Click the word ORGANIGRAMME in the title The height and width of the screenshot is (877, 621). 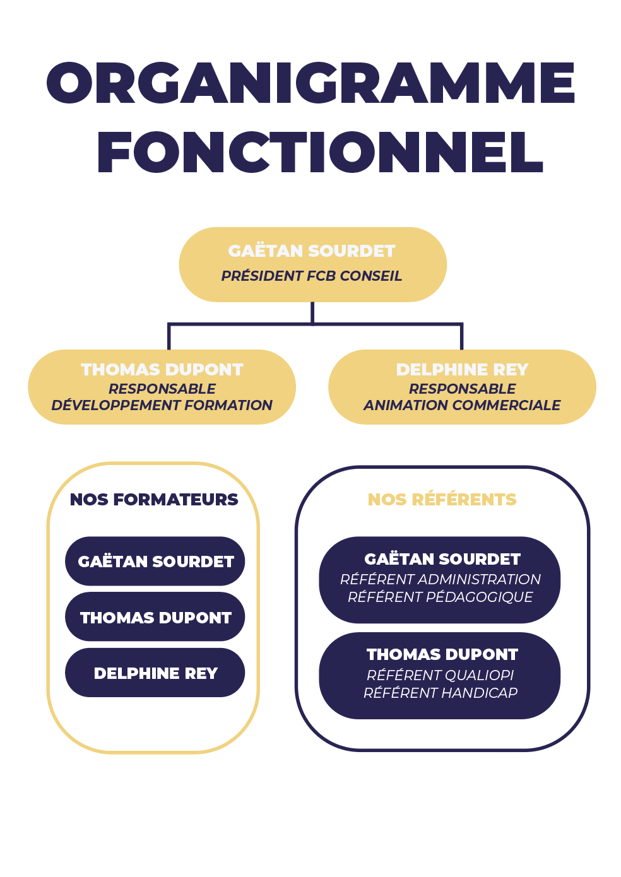click(310, 83)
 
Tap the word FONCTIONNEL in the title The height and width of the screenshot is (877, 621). click(320, 152)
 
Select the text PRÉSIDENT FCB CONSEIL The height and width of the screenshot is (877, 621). click(312, 276)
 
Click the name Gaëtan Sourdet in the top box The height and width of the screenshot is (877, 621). click(312, 251)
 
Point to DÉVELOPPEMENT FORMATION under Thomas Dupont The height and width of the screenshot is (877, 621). click(162, 405)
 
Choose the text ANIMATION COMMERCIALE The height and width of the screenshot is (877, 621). click(462, 405)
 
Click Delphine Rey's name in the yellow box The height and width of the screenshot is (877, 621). click(462, 369)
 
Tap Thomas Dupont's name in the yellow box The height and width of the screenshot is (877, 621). click(162, 369)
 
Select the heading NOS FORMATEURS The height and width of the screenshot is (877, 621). click(154, 500)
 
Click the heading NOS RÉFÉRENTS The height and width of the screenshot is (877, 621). click(442, 500)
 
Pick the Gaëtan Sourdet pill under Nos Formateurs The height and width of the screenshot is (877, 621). click(155, 561)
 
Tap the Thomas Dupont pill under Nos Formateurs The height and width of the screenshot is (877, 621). click(155, 617)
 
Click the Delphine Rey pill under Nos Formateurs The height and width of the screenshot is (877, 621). click(155, 673)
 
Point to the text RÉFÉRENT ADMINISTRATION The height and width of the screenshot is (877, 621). click(441, 579)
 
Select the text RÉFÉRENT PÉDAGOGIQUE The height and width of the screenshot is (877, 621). click(441, 597)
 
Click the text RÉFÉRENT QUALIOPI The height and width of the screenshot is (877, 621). click(441, 675)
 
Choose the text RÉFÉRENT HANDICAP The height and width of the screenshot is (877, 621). click(441, 693)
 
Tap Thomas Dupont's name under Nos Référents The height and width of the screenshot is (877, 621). click(442, 654)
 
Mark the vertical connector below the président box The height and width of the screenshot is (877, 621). click(312, 313)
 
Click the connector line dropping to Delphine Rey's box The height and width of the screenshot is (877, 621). click(461, 337)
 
